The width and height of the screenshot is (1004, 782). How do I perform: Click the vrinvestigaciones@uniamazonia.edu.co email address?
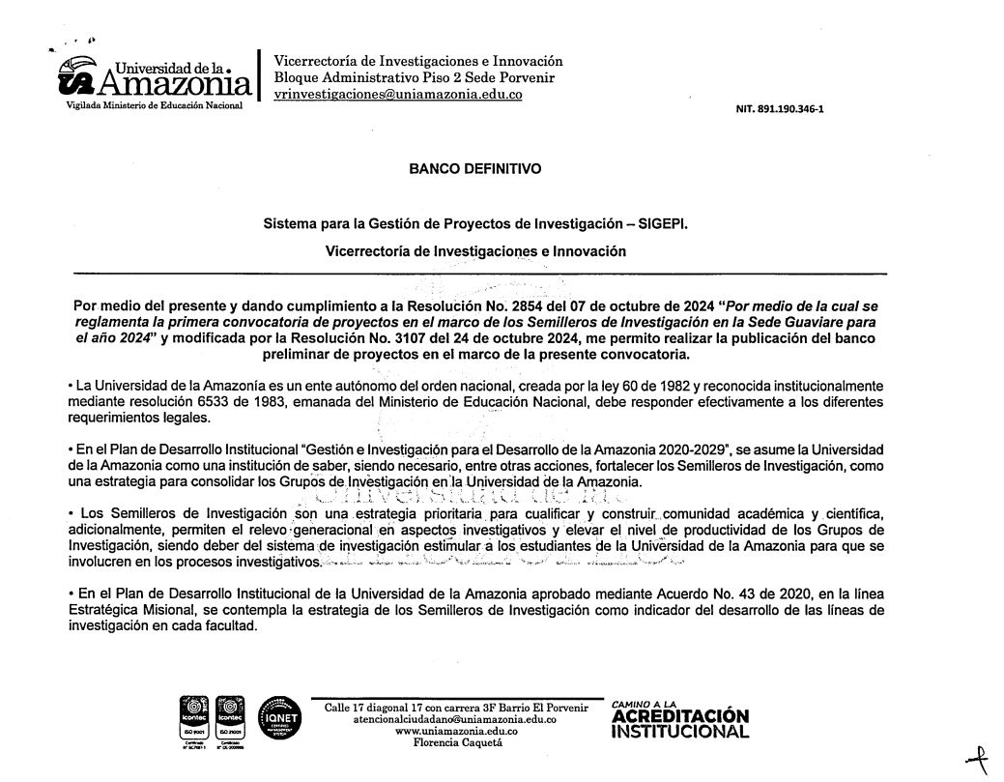pos(398,95)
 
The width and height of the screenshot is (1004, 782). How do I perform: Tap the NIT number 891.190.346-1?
pos(780,108)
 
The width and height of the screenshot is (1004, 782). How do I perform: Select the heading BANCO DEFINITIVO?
pos(475,168)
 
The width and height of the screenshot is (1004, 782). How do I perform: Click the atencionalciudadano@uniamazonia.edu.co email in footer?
pos(455,719)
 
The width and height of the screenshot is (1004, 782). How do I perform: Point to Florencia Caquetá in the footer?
pos(455,742)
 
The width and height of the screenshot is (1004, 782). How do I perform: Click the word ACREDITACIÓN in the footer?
pos(681,716)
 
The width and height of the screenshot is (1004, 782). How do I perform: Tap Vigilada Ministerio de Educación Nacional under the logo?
pos(153,104)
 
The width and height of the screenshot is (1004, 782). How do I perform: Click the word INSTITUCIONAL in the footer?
pos(681,732)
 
